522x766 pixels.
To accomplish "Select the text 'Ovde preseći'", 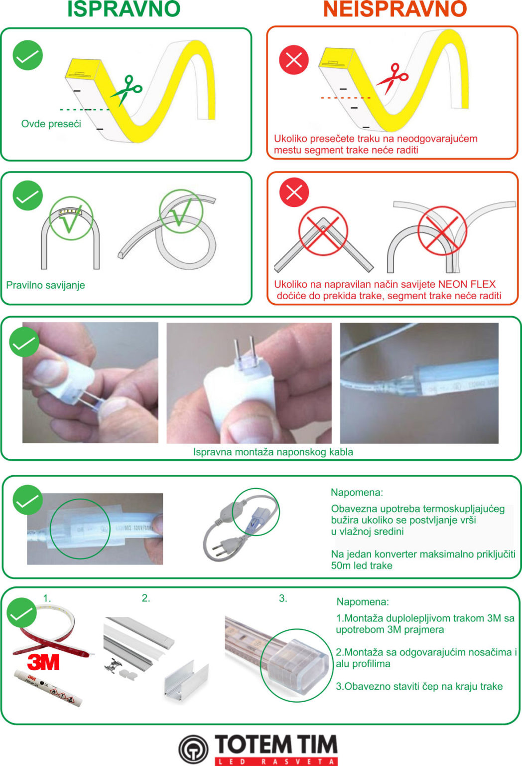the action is (51, 124).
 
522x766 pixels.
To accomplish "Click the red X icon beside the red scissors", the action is (294, 60).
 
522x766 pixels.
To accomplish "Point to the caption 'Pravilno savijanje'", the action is (45, 285).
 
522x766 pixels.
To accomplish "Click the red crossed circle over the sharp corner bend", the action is (323, 231).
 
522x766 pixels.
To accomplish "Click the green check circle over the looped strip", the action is (181, 211).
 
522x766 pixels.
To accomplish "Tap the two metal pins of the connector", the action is (244, 352).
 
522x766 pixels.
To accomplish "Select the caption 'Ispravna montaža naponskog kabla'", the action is (273, 452).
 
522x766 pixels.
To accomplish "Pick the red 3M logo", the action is (43, 662).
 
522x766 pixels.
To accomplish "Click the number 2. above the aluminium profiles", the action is (146, 598).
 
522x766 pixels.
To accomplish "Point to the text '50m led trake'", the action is (362, 566).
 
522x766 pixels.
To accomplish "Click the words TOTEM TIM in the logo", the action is (276, 744).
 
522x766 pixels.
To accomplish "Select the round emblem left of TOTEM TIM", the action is (193, 749).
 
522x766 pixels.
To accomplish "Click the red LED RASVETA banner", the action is (276, 761).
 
